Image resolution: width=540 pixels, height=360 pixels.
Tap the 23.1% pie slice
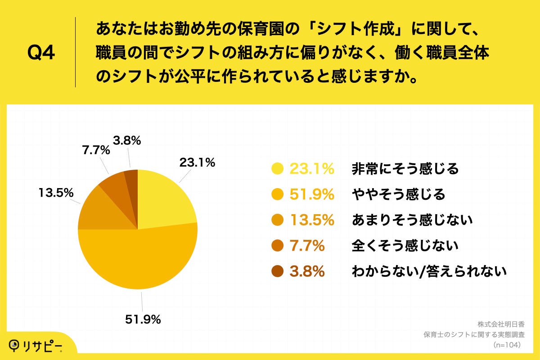[166, 198]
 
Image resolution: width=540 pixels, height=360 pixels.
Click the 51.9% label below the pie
[143, 320]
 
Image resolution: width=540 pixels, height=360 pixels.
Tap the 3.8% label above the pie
[127, 141]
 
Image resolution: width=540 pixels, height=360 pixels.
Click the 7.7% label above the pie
[96, 151]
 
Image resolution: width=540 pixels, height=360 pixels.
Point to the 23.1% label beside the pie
[197, 162]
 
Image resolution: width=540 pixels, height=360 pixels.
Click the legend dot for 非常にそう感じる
[278, 169]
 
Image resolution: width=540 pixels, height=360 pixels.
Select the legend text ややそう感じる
[398, 194]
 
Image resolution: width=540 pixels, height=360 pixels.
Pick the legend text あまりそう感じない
[412, 220]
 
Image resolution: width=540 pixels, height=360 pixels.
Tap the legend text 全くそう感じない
[405, 246]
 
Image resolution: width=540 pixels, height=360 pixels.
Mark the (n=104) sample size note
[507, 345]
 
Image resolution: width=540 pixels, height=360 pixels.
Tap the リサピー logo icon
[17, 345]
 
